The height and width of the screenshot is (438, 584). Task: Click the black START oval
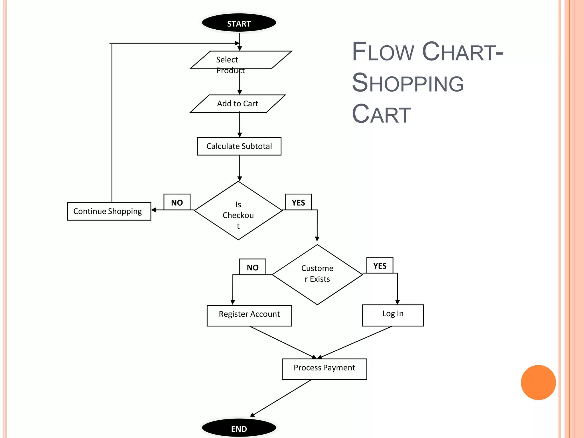(239, 23)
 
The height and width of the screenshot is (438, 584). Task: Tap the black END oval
(239, 428)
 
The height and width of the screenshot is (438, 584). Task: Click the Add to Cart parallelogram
(238, 104)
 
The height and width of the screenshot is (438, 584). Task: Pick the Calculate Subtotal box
(239, 146)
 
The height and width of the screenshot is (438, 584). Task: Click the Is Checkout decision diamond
(238, 211)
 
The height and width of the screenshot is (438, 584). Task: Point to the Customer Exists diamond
(317, 274)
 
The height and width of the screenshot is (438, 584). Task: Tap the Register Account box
(249, 315)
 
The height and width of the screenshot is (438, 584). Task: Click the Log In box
(393, 315)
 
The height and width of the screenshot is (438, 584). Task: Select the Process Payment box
(324, 369)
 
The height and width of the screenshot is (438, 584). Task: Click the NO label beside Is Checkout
(177, 202)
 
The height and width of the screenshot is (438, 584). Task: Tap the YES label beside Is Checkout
(298, 202)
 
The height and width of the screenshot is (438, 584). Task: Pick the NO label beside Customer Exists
(253, 267)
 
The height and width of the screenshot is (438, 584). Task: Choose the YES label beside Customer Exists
(380, 265)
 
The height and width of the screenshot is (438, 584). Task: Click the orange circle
(538, 382)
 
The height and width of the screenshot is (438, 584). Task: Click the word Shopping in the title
(408, 83)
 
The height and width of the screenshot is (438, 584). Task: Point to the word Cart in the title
(381, 114)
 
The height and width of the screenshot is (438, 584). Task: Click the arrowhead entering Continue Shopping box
(153, 210)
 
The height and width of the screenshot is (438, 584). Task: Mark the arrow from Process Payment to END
(281, 398)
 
